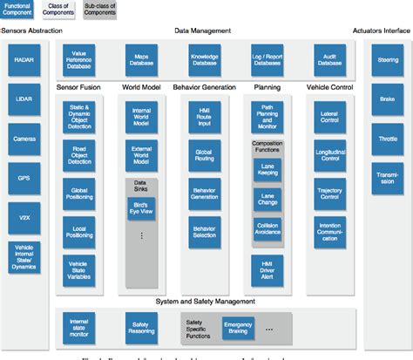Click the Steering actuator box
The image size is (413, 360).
pos(387,62)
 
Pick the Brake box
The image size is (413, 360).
pos(387,100)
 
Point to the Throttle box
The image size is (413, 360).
pos(387,138)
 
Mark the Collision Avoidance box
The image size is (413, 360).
pos(267,228)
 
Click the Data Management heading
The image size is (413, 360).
pos(203,31)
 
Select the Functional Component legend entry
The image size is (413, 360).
pos(18,9)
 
